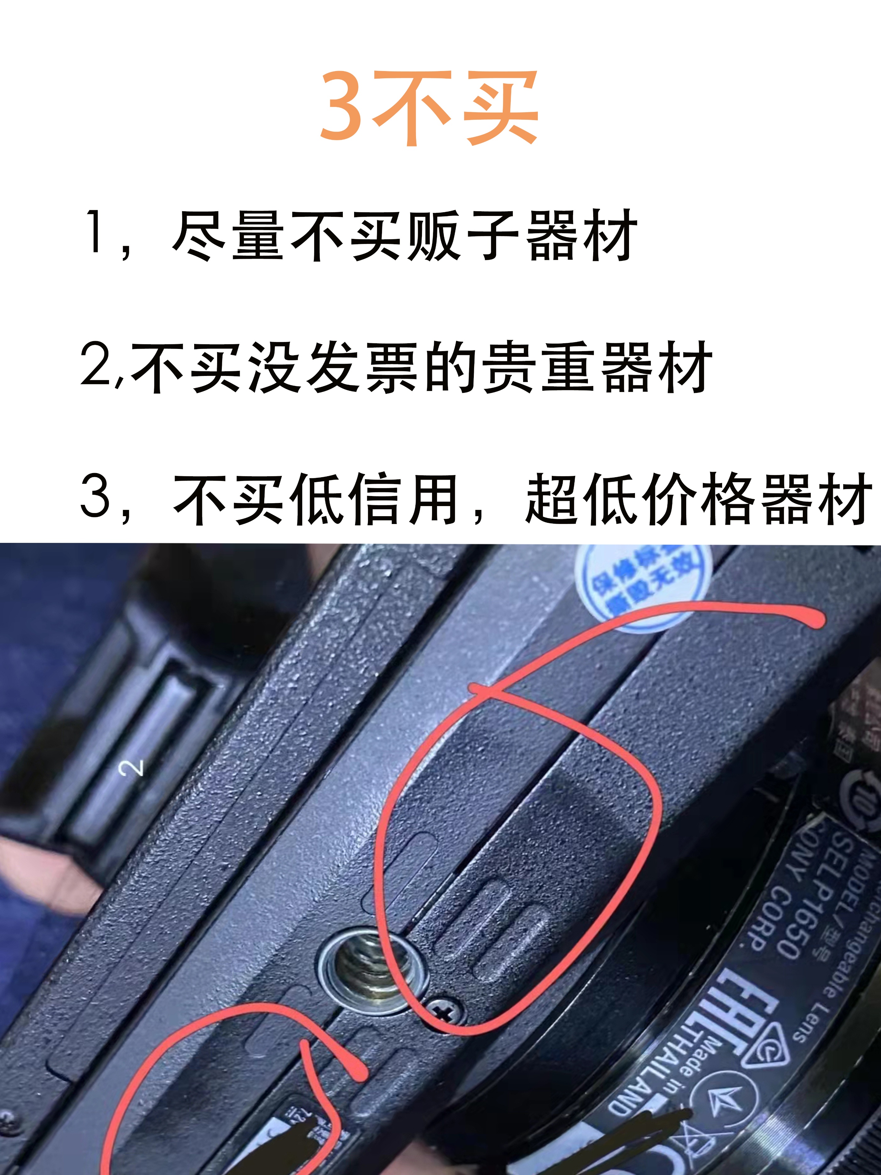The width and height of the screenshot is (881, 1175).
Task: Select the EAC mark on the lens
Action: pos(732,1012)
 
